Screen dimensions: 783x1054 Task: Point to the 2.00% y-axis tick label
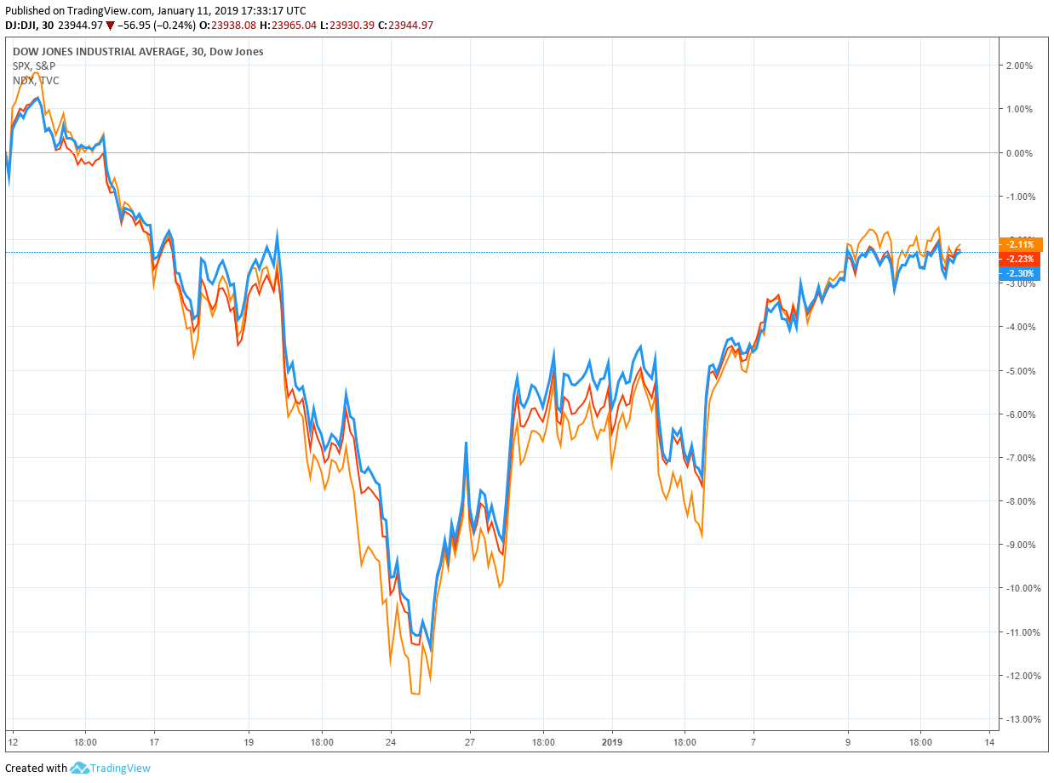coord(1020,66)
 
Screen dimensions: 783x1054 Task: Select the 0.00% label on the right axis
coord(1020,153)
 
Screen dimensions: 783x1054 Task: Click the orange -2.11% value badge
coord(1020,245)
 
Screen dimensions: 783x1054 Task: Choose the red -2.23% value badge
coord(1020,259)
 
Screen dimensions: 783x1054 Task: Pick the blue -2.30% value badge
coord(1020,273)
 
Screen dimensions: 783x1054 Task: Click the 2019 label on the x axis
coord(613,741)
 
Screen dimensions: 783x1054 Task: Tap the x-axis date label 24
coord(391,741)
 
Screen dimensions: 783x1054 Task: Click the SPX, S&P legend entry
coord(34,66)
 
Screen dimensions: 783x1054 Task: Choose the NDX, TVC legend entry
coord(36,80)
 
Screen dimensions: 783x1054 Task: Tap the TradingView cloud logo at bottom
coord(80,768)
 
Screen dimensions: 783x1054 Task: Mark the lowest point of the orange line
coord(415,694)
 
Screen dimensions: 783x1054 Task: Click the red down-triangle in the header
coord(111,26)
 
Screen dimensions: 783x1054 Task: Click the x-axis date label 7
coord(753,741)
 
